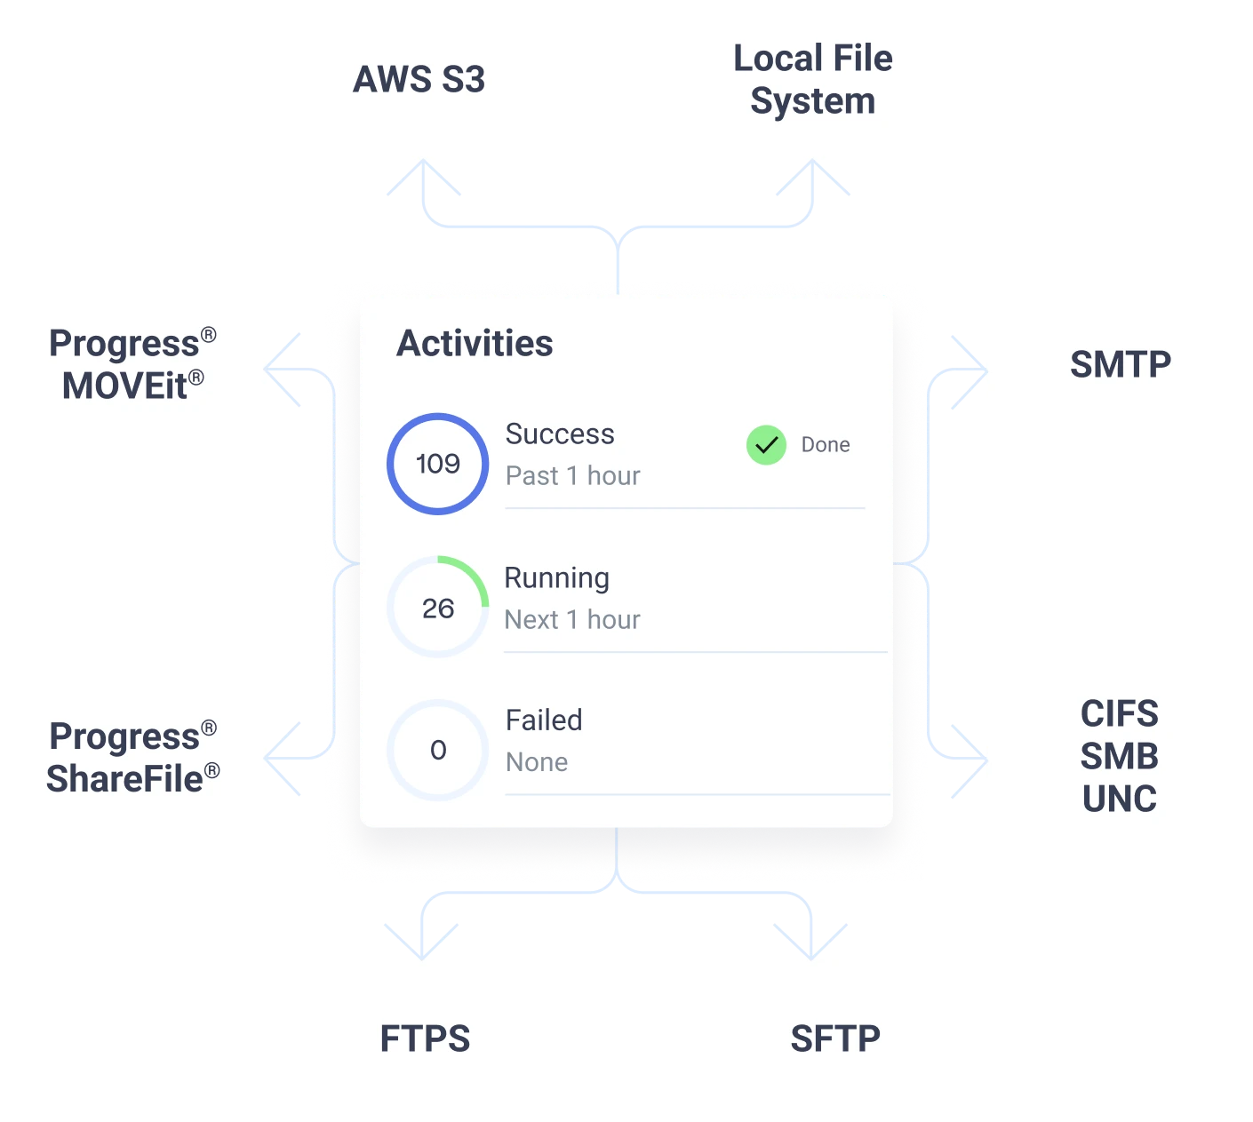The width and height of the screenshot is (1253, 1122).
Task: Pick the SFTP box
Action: click(834, 1038)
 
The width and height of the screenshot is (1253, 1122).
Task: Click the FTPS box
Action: click(423, 1038)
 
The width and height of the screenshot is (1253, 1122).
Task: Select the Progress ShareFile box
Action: click(134, 757)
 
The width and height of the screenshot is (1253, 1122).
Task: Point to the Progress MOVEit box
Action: click(134, 365)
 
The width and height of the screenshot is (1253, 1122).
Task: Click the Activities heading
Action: click(475, 344)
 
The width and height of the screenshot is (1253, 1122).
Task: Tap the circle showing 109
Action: click(437, 464)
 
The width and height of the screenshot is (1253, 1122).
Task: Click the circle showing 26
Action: click(437, 608)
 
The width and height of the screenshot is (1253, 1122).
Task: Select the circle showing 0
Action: click(437, 750)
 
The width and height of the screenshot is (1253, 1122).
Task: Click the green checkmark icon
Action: click(766, 445)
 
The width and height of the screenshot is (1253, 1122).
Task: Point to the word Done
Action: click(826, 445)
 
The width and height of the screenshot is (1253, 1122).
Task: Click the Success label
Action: click(560, 434)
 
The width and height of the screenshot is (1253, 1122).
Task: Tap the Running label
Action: click(557, 578)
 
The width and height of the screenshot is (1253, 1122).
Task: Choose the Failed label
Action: click(544, 720)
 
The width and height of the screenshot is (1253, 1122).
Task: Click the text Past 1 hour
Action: click(573, 476)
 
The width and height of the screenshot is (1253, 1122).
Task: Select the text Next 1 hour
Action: click(572, 620)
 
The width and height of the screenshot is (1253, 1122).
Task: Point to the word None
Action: click(537, 762)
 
